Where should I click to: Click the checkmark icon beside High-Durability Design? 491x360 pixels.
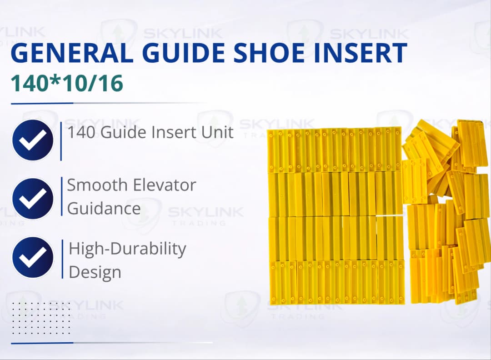(x=33, y=257)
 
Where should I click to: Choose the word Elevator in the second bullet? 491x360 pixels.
(x=164, y=185)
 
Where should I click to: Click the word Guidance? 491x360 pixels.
(x=104, y=209)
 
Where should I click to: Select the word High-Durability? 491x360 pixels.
(x=127, y=250)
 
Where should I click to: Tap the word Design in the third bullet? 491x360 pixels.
(x=95, y=272)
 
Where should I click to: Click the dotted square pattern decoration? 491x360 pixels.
(x=41, y=317)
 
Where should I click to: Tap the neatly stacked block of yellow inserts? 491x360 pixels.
(x=335, y=216)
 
